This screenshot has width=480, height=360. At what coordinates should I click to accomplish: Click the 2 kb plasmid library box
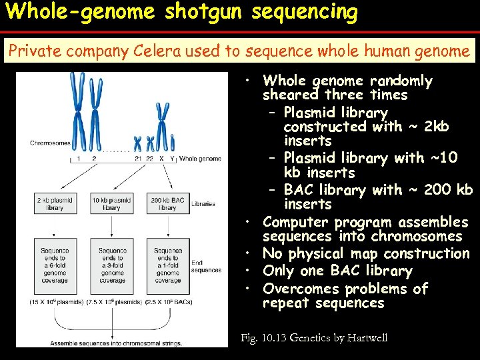pyautogui.click(x=55, y=203)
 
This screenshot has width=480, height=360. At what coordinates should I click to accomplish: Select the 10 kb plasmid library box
pyautogui.click(x=111, y=203)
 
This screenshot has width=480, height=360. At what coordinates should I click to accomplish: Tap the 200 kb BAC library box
pyautogui.click(x=168, y=203)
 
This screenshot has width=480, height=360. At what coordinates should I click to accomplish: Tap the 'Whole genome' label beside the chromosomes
pyautogui.click(x=200, y=159)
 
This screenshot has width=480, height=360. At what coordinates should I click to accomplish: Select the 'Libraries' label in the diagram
pyautogui.click(x=203, y=203)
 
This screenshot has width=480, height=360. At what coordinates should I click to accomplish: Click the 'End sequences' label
pyautogui.click(x=206, y=267)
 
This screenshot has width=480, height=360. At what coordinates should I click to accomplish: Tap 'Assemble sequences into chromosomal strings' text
pyautogui.click(x=113, y=343)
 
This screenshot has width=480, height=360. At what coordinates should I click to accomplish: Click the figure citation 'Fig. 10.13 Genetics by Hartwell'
pyautogui.click(x=314, y=338)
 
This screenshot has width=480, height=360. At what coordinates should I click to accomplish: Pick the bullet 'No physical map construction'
pyautogui.click(x=366, y=253)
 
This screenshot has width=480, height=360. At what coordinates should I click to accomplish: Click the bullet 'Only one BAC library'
pyautogui.click(x=337, y=271)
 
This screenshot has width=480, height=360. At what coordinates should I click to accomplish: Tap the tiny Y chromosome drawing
pyautogui.click(x=172, y=143)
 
